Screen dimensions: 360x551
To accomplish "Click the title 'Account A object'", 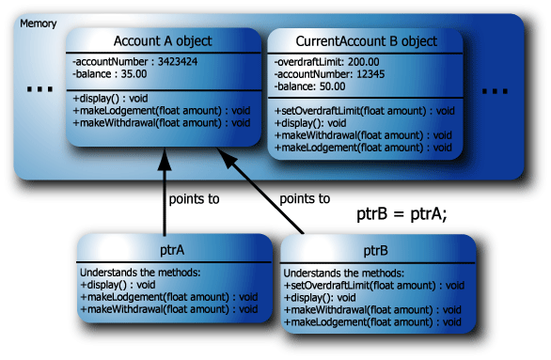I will click(x=163, y=41).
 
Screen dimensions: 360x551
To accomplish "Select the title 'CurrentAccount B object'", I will click(x=365, y=42).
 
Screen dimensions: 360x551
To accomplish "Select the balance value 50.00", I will click(x=338, y=86).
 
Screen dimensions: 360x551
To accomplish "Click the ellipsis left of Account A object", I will click(x=39, y=90).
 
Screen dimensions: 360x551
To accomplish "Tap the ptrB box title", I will click(x=373, y=252).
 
